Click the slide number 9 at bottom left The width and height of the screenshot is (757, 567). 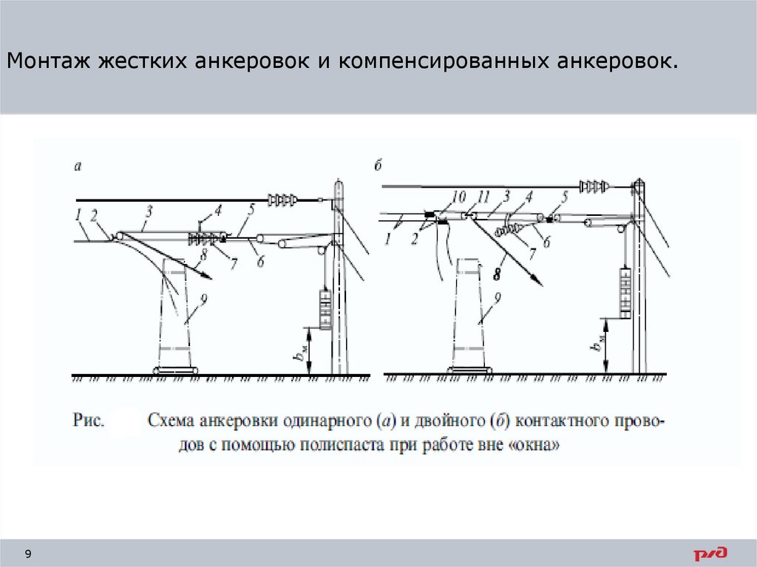coord(28,554)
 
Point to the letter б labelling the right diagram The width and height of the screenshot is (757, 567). coord(377,166)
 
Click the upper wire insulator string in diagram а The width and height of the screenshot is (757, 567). coord(283,199)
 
